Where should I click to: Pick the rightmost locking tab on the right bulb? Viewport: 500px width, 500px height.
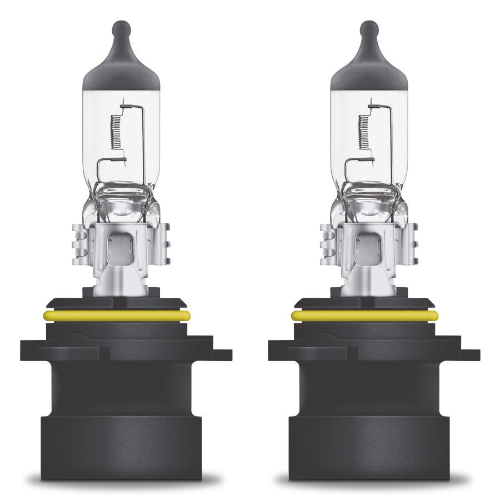pyautogui.click(x=469, y=354)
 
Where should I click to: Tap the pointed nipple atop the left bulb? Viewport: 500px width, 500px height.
pyautogui.click(x=121, y=28)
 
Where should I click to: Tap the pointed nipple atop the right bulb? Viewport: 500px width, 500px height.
pyautogui.click(x=369, y=28)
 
